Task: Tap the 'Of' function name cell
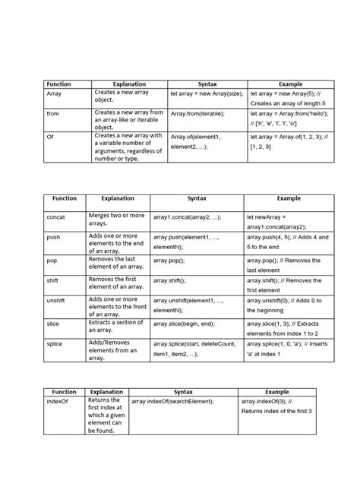[50, 137]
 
